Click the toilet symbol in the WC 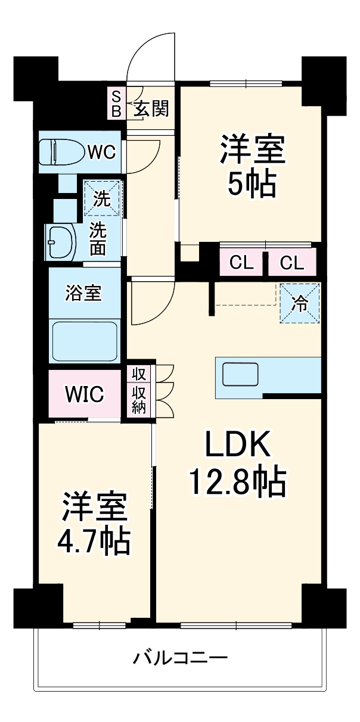point(60,153)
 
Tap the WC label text point(103,153)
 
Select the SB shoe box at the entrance point(116,103)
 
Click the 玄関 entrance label point(150,108)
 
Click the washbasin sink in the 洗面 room point(61,241)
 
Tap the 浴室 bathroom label point(83,293)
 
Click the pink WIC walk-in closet point(84,394)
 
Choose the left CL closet point(241,263)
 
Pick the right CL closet point(291,263)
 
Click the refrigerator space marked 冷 point(300,303)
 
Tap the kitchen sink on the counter point(241,375)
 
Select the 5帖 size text point(252,186)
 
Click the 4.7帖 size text point(94,540)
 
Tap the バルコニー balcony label point(180,659)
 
